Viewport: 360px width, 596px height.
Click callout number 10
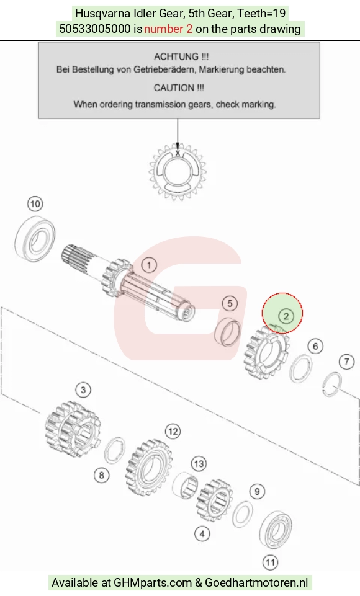(x=35, y=204)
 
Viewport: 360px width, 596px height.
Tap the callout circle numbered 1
(x=149, y=265)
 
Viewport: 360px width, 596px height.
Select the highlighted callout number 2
(x=286, y=316)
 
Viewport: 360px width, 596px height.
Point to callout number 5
(x=230, y=303)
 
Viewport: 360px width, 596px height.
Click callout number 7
(x=346, y=362)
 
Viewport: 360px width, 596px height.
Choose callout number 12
(x=173, y=432)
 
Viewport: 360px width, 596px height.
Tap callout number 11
(x=270, y=563)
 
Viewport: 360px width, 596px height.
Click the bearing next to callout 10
(x=35, y=239)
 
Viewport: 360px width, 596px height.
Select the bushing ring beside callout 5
(x=228, y=332)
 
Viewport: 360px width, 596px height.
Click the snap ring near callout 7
(x=332, y=384)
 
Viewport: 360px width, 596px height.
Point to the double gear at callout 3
(x=72, y=430)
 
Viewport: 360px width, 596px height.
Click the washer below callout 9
(x=243, y=514)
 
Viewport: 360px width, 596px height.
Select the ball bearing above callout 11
(x=276, y=530)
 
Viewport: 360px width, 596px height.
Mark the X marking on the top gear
(x=178, y=153)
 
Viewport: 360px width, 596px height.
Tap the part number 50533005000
(x=95, y=29)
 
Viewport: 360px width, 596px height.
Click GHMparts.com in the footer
(x=153, y=583)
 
